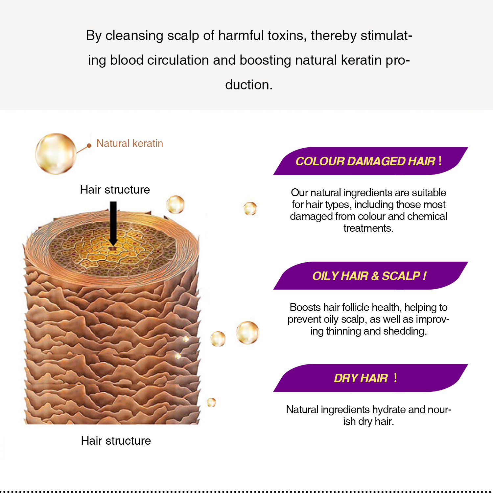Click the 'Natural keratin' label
(130, 143)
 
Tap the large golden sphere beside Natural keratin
(56, 153)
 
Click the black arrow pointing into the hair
(113, 223)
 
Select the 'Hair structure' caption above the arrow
(115, 190)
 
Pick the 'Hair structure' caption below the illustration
(116, 441)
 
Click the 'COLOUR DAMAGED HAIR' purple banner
(371, 161)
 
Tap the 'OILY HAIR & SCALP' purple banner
(371, 276)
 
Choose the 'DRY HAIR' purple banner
(371, 378)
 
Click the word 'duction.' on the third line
(249, 85)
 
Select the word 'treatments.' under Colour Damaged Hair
(368, 228)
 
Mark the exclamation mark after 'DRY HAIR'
(395, 378)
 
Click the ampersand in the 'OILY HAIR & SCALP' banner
(375, 276)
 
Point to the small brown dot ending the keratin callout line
(89, 146)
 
